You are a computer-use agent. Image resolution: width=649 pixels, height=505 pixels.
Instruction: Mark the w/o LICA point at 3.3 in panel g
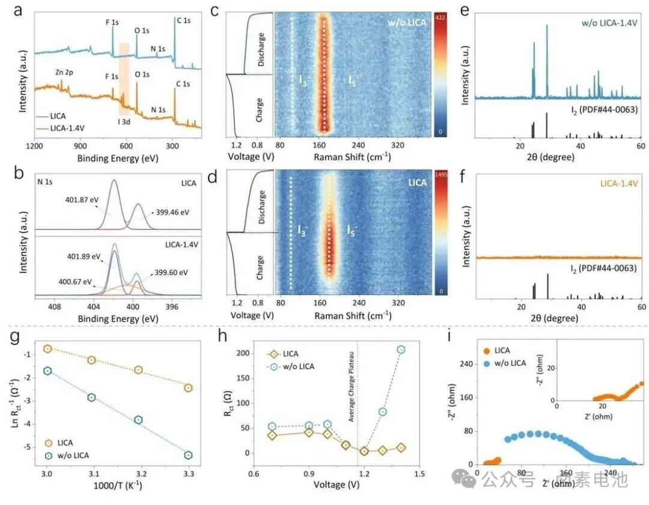[188, 455]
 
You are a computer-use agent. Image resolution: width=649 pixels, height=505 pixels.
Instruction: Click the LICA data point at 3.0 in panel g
[48, 349]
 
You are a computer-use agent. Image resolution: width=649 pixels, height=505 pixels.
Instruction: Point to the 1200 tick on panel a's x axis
[35, 146]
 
